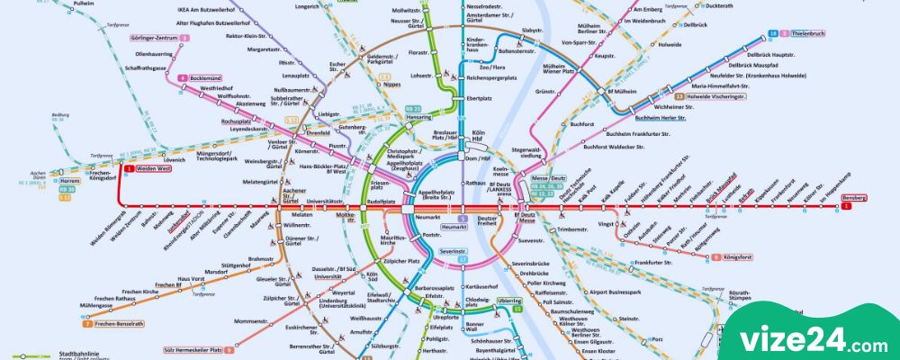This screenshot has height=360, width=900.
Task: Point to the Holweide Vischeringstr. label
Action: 716,95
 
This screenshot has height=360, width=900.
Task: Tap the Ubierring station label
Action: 508,300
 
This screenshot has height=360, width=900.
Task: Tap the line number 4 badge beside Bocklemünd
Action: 182,78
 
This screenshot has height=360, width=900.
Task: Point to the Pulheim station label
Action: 83,4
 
